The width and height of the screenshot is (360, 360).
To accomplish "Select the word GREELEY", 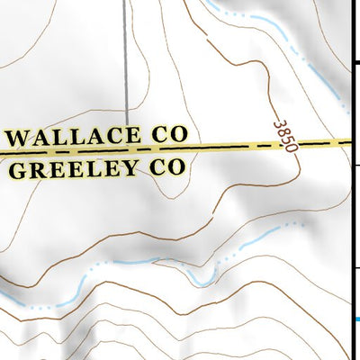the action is coord(79,169).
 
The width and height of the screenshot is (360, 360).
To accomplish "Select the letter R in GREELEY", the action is coord(39,170).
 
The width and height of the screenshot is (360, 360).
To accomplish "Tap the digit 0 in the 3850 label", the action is coord(289,148).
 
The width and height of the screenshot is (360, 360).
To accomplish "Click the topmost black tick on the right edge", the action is coord(355,63).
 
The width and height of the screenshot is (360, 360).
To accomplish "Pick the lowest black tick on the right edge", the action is coord(355,268).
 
